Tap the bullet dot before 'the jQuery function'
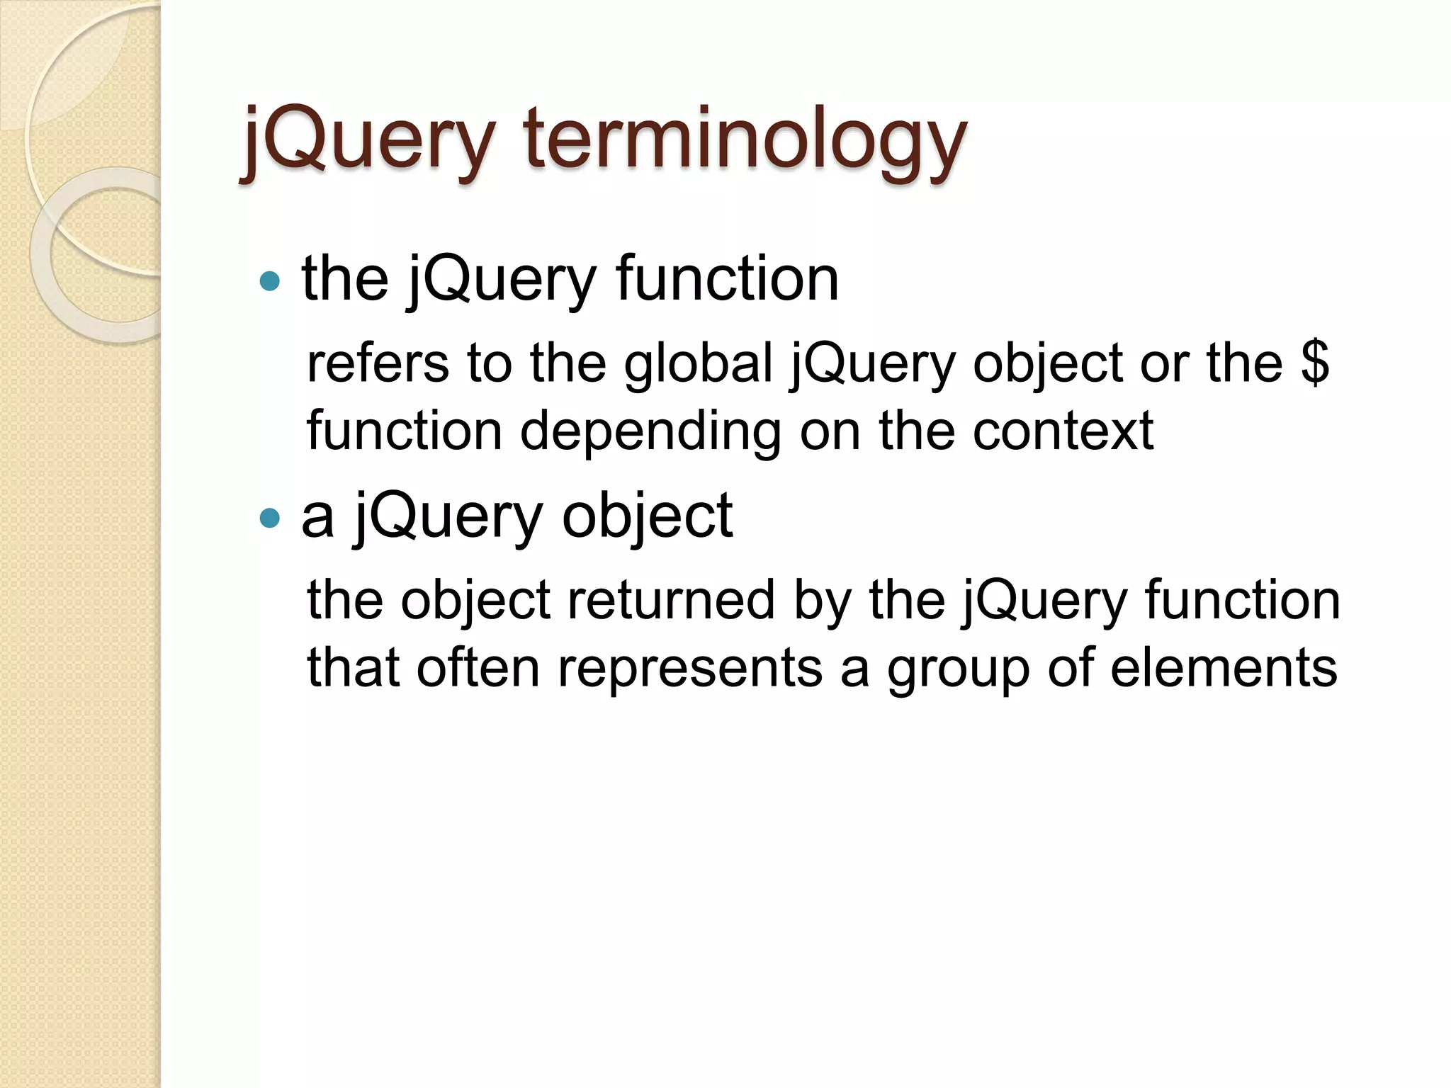[270, 281]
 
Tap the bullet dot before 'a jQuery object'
[270, 518]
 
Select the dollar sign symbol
[1315, 363]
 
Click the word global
[698, 363]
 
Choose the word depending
[650, 431]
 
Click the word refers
[378, 363]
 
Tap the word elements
[1224, 668]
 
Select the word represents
[690, 668]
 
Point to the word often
[478, 668]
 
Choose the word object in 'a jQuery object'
[647, 516]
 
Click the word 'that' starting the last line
[352, 668]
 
